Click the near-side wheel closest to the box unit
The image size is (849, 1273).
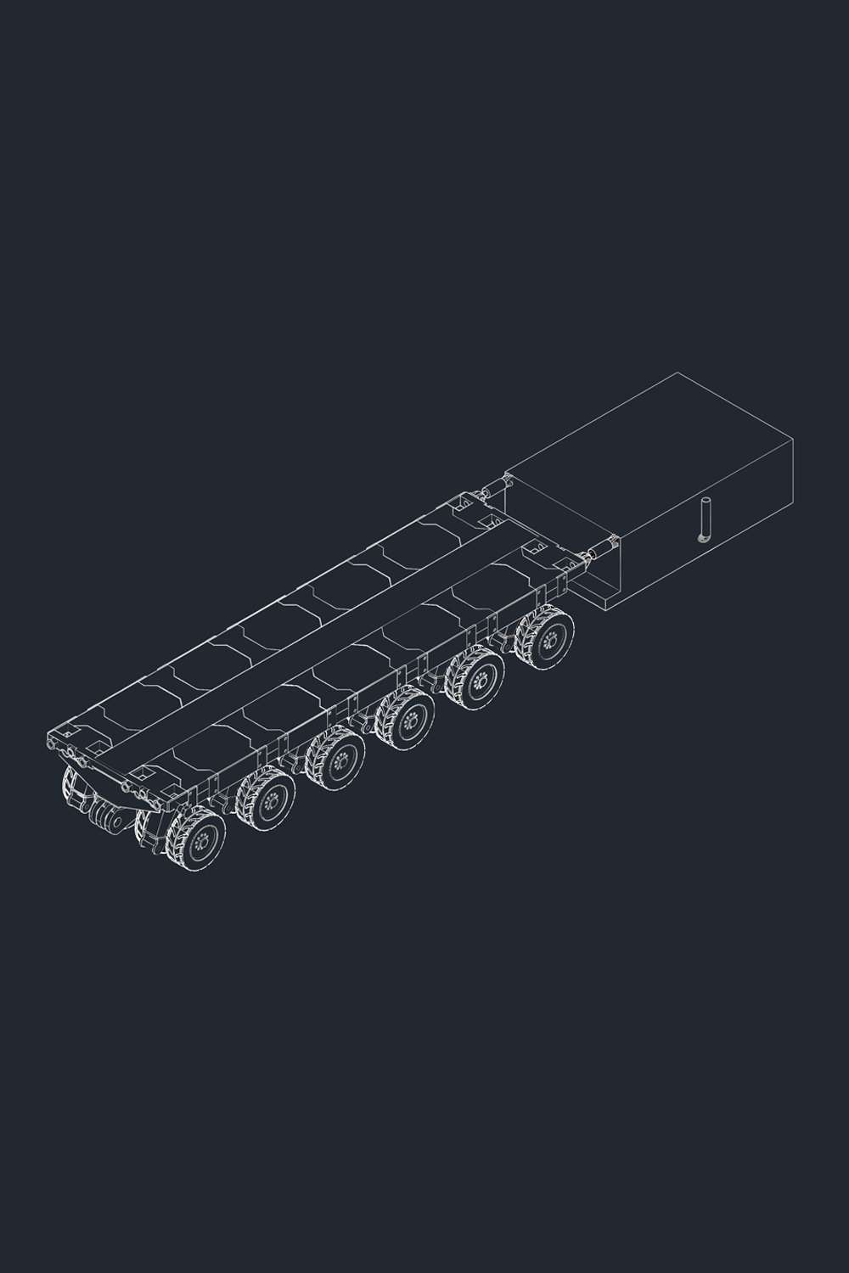pyautogui.click(x=548, y=637)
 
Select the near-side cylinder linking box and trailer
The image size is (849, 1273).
pyautogui.click(x=600, y=551)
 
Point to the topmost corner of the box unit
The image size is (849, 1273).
pyautogui.click(x=678, y=373)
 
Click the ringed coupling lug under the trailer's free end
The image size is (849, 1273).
pyautogui.click(x=107, y=819)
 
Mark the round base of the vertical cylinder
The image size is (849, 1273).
pyautogui.click(x=702, y=537)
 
